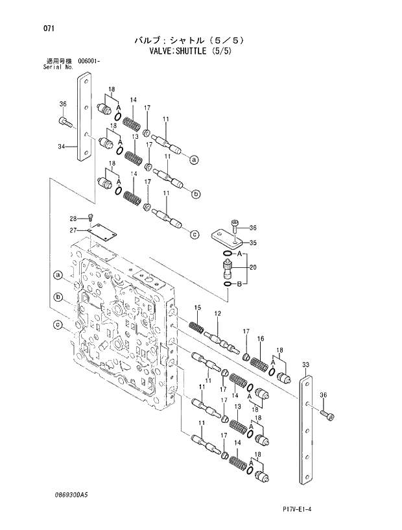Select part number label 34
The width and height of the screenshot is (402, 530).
(x=62, y=147)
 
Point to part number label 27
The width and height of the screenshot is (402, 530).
(x=74, y=230)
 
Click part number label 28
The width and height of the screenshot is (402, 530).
(x=73, y=218)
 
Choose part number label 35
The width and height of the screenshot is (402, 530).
(x=254, y=243)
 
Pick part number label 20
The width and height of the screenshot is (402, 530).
(x=253, y=266)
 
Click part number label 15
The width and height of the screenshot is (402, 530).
(x=198, y=307)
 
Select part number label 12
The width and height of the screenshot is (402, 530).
(x=218, y=314)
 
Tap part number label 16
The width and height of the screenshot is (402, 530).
(x=259, y=339)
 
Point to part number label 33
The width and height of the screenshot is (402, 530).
(x=305, y=365)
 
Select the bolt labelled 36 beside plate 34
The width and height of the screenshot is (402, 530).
(x=65, y=121)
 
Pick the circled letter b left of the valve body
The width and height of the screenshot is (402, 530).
(x=58, y=298)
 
